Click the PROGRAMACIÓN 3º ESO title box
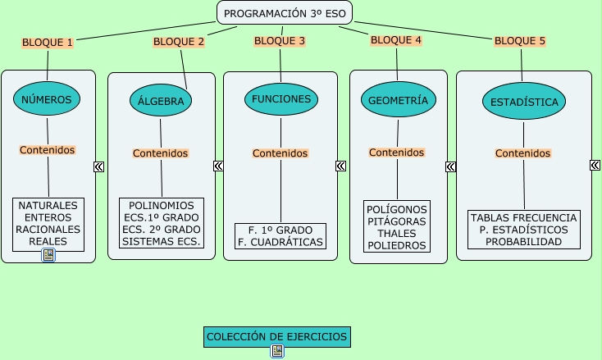(x=284, y=13)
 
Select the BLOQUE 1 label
(x=48, y=42)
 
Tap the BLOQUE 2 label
(x=179, y=41)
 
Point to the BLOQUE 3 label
(x=280, y=40)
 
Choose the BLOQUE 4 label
(x=396, y=39)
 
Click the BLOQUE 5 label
(x=520, y=40)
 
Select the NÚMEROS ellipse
(x=47, y=99)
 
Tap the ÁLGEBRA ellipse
(x=161, y=102)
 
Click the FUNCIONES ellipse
(x=281, y=99)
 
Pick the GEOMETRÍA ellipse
(x=398, y=100)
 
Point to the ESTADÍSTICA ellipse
(x=524, y=103)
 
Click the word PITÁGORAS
(x=397, y=221)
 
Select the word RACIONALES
(x=48, y=230)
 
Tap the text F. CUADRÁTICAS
(x=280, y=242)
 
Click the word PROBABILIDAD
(x=523, y=242)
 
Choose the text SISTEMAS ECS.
(x=161, y=241)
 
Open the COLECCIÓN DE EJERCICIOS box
(x=277, y=336)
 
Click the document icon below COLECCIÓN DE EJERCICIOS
(x=277, y=351)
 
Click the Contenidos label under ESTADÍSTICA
(x=523, y=153)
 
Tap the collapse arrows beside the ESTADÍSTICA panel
(x=595, y=165)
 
